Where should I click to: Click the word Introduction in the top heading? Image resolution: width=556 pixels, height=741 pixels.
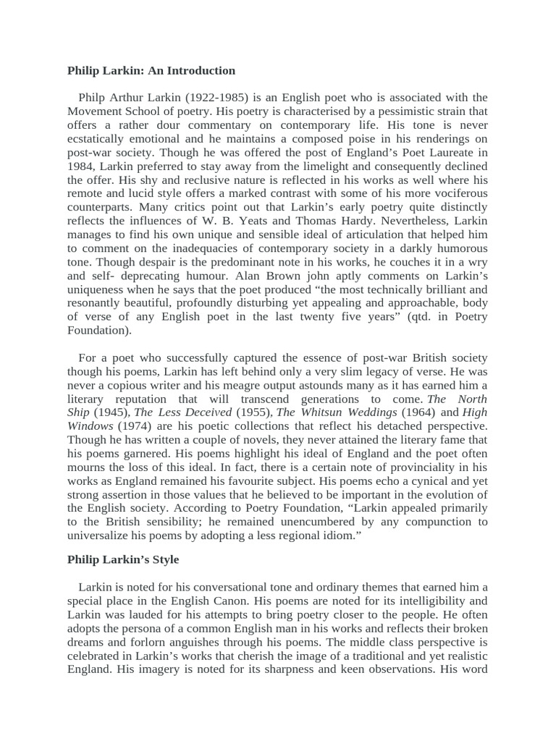click(x=199, y=71)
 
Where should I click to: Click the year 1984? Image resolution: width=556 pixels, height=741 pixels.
click(x=81, y=166)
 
